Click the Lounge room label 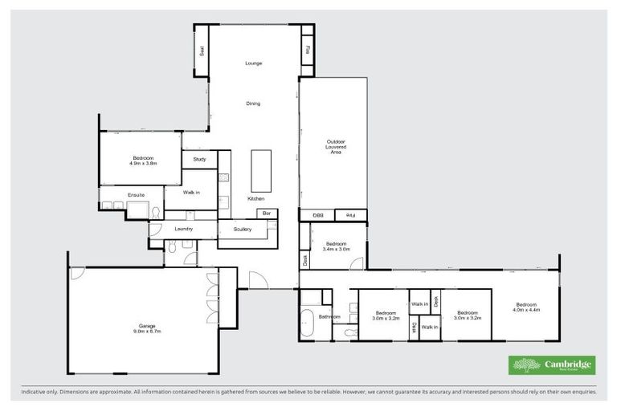coord(253,63)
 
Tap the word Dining coord(253,103)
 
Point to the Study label coord(199,159)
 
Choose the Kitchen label coord(255,198)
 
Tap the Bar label coord(266,214)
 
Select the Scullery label coord(243,230)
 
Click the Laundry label coord(184,230)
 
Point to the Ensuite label coord(136,195)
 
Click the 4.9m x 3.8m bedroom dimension coord(142,164)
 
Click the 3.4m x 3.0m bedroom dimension coord(336,249)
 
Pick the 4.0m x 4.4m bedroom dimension coord(527,309)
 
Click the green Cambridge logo coord(552,365)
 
